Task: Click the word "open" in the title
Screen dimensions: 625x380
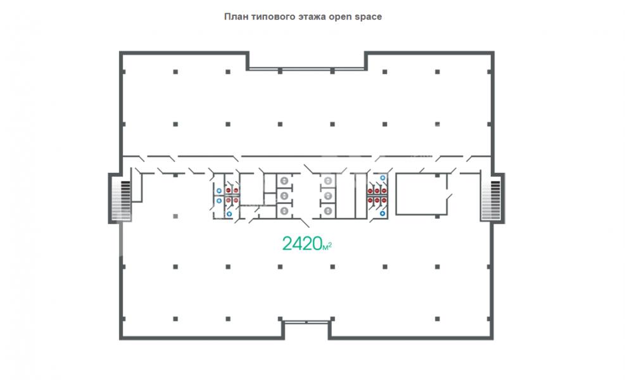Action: tap(340, 17)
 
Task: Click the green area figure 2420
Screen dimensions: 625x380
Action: tap(302, 243)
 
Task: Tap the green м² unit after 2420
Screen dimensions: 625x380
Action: tap(327, 246)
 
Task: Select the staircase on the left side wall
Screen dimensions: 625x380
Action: tap(121, 200)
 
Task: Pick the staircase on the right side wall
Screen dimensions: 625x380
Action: tap(491, 200)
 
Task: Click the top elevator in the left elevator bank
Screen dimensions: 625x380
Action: tap(284, 181)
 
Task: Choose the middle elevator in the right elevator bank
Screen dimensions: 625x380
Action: tap(327, 196)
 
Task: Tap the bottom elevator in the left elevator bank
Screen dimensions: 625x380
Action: tap(284, 211)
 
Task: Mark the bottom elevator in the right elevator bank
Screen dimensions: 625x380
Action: tap(327, 211)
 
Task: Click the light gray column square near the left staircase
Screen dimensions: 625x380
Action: tap(175, 216)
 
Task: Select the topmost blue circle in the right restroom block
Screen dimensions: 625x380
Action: tap(382, 178)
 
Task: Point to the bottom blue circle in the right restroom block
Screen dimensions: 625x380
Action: tap(382, 213)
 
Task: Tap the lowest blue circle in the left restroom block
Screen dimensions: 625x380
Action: tap(229, 213)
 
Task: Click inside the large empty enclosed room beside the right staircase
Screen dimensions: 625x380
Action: tap(421, 194)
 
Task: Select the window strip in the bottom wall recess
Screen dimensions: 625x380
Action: tap(306, 321)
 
